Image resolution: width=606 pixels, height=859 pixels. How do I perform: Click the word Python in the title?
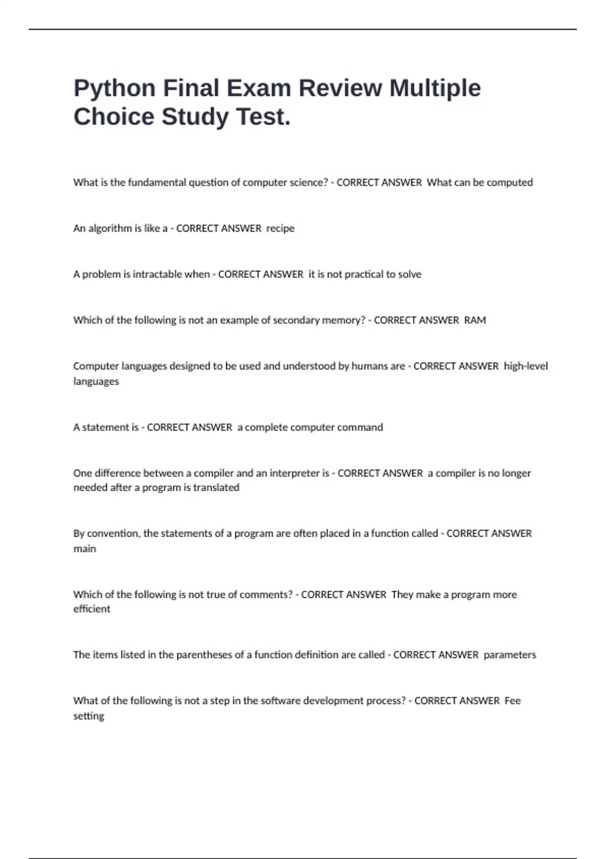[x=115, y=88]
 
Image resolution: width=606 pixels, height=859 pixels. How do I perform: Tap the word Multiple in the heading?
[x=435, y=88]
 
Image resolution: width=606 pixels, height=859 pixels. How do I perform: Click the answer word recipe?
[x=280, y=228]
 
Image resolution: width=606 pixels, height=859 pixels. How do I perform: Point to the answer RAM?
[x=475, y=320]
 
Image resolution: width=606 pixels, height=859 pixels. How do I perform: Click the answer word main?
[x=85, y=549]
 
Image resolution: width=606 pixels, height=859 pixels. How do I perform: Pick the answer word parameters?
[x=510, y=655]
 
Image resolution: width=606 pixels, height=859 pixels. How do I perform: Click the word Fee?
[x=513, y=701]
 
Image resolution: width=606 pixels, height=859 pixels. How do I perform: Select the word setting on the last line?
[x=89, y=716]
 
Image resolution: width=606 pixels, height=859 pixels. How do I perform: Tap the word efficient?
[x=91, y=609]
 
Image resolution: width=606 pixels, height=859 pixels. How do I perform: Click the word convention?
[x=114, y=534]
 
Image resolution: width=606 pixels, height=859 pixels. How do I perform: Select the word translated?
[x=216, y=488]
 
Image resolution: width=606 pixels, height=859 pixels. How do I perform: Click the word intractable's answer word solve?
[x=410, y=274]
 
